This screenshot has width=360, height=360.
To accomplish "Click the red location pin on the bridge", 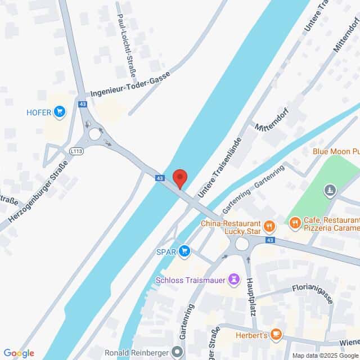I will (180, 178).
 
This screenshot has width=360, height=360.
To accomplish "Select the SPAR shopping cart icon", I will (183, 251).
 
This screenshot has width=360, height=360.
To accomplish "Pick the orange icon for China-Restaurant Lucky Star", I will (270, 226).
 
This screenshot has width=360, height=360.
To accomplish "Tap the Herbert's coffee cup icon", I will (276, 334).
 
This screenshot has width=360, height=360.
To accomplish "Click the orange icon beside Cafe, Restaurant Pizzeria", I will (295, 224).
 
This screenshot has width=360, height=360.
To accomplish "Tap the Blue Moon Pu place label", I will (336, 151).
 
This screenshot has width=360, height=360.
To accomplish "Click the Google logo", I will (19, 353).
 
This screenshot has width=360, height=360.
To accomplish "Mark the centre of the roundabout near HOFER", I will (95, 134).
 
